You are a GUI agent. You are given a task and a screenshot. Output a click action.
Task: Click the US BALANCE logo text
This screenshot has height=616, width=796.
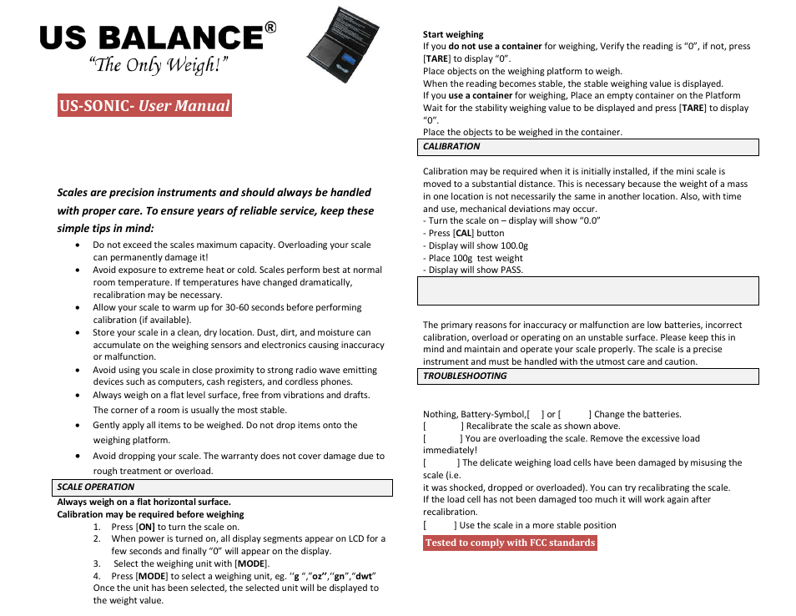pos(151,38)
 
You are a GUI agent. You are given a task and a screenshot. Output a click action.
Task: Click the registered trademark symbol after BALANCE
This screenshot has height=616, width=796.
pos(270,28)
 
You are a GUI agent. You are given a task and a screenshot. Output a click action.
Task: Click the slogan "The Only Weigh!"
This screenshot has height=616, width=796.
pos(159,66)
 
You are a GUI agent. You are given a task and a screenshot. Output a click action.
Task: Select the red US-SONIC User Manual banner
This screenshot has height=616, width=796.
pos(144,106)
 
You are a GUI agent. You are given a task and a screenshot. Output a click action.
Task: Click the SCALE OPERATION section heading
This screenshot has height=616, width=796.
pos(96,487)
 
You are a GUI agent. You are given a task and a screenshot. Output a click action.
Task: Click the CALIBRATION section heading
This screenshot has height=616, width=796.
pos(451,147)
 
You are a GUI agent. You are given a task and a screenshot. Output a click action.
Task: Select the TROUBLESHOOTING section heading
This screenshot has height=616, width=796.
pos(465,376)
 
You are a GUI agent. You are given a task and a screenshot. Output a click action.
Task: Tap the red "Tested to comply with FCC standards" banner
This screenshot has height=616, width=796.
pos(510,543)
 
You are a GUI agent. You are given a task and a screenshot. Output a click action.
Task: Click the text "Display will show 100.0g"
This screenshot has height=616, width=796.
pos(477,246)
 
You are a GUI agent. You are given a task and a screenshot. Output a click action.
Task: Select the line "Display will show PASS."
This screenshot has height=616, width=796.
pos(475,270)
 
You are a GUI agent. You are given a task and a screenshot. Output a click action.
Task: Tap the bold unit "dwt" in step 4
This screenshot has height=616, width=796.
pos(364,576)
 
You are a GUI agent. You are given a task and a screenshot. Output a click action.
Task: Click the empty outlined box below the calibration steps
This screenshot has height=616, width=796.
pos(590,291)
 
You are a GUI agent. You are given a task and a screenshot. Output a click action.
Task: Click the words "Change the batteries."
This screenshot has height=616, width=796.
pos(637,414)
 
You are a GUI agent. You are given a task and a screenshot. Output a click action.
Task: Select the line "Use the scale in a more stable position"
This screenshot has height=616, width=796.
pos(537,526)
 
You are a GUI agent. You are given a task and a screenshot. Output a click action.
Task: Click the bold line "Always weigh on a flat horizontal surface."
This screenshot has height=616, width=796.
pos(144,502)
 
